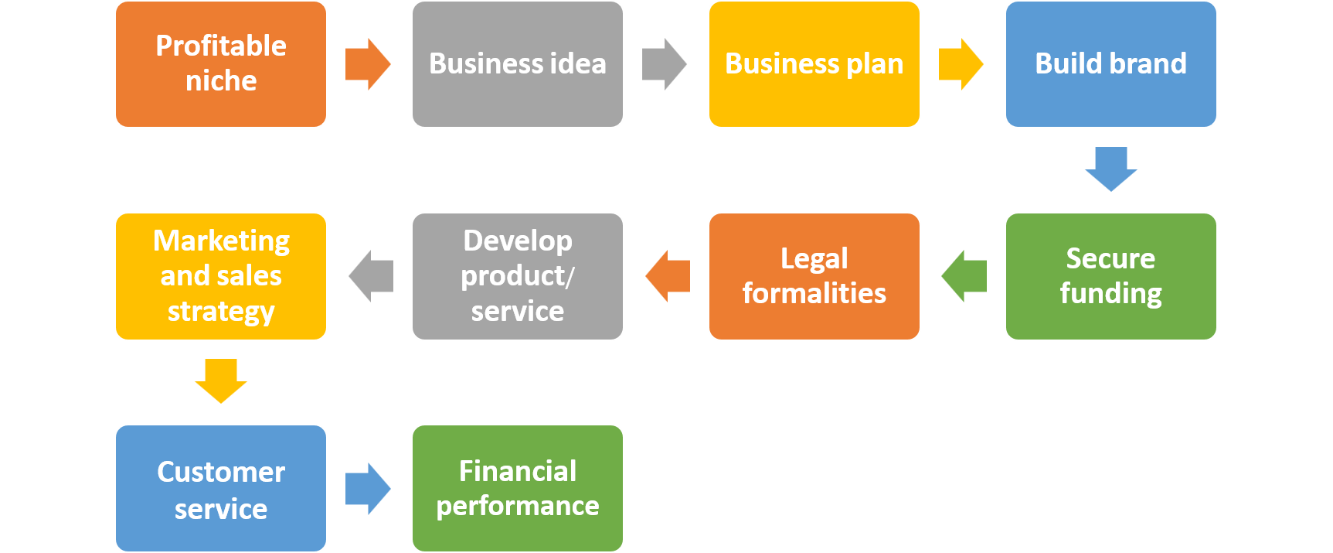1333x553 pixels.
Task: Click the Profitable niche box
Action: (x=221, y=64)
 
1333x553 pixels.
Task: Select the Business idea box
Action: (x=518, y=64)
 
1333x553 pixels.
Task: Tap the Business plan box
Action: (x=814, y=64)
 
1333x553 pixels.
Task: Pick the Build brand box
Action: (x=1111, y=64)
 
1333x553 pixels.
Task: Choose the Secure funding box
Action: (x=1111, y=276)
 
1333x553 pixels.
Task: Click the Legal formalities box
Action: (x=814, y=276)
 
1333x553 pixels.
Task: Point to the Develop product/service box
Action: (x=518, y=276)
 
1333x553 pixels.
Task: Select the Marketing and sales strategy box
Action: (x=221, y=276)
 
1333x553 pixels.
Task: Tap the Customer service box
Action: (x=221, y=488)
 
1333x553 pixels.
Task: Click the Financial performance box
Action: (x=518, y=488)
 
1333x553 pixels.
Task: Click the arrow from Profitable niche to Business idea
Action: (x=368, y=64)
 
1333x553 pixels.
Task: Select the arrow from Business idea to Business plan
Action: (x=665, y=64)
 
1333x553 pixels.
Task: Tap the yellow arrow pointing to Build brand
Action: (x=961, y=64)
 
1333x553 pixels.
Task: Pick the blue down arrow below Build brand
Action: (x=1111, y=169)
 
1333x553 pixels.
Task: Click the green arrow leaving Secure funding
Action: (x=964, y=276)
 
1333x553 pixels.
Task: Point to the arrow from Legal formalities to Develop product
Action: (x=667, y=276)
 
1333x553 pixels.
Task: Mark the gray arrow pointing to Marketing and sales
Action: (x=371, y=276)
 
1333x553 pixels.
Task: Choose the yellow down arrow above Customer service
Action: (x=221, y=381)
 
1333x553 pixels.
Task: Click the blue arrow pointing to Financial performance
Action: (x=368, y=488)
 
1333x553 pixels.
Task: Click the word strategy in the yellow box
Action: (x=221, y=312)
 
